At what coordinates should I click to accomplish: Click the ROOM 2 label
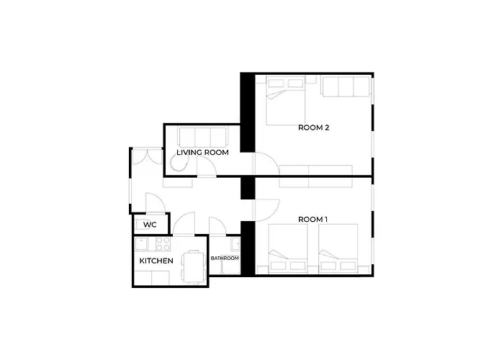(313, 127)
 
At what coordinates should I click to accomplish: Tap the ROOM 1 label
(312, 220)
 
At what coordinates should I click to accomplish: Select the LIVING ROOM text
(202, 153)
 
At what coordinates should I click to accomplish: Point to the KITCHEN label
(156, 261)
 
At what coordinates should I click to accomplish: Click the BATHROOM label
(225, 258)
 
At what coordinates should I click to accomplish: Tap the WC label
(150, 225)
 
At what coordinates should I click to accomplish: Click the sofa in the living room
(202, 138)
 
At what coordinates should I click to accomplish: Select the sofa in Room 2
(346, 86)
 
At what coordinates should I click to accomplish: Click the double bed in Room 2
(286, 101)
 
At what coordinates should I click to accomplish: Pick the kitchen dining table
(194, 267)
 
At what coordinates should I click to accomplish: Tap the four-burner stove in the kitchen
(163, 243)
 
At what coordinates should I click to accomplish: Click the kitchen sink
(141, 243)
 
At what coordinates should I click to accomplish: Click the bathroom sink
(235, 244)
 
